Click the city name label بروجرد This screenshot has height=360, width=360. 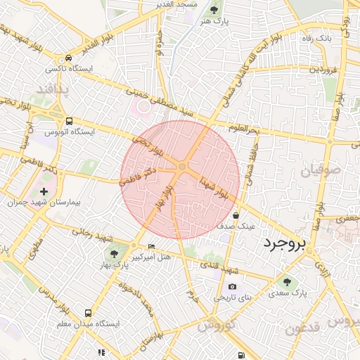[x=285, y=245]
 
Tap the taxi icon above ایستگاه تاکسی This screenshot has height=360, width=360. [x=67, y=58]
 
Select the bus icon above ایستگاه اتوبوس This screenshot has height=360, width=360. [x=68, y=120]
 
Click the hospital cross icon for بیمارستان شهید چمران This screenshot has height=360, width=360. [x=44, y=191]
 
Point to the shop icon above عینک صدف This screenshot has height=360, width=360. [x=236, y=215]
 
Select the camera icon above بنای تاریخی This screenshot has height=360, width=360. [x=232, y=286]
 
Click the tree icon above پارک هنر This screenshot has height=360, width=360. [x=214, y=10]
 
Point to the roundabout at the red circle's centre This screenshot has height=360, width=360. [x=181, y=167]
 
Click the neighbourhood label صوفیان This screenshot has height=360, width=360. [x=321, y=169]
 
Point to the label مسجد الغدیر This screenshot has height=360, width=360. [x=176, y=4]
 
